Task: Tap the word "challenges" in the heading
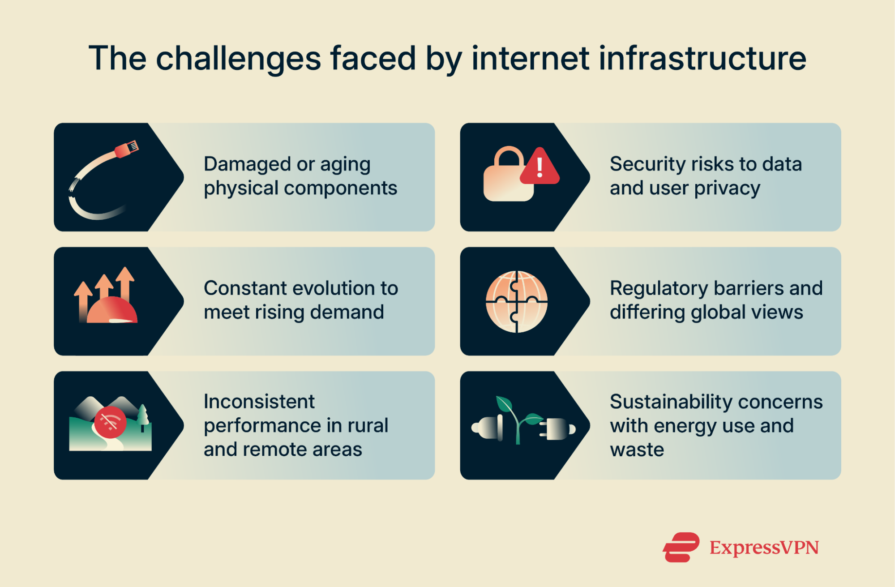tap(238, 59)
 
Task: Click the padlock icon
tap(508, 177)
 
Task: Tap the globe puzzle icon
tap(516, 301)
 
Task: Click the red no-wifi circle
tap(110, 422)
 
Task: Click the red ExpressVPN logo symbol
tap(681, 547)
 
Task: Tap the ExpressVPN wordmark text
tap(764, 548)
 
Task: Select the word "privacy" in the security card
tap(727, 189)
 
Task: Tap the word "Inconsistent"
tap(259, 402)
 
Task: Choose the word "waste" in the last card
tap(637, 450)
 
